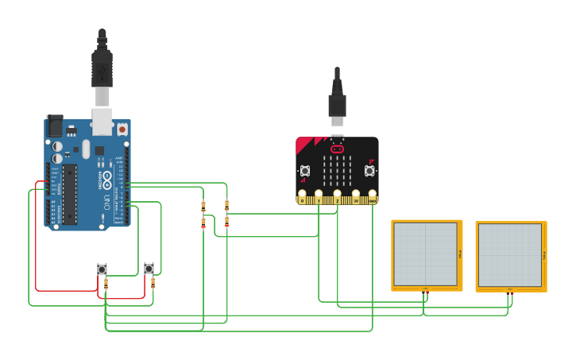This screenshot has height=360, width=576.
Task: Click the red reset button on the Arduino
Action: [122, 128]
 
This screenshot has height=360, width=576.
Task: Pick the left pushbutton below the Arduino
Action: [102, 269]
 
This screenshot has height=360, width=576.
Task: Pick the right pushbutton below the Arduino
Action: [149, 269]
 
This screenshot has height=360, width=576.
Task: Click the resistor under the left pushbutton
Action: [106, 283]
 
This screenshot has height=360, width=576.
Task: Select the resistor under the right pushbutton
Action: [153, 282]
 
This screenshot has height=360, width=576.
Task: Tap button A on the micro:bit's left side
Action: [305, 170]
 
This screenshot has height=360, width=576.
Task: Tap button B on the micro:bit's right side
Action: [369, 170]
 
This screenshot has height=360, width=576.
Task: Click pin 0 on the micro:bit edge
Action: [302, 195]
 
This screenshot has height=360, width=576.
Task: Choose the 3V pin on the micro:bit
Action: [354, 195]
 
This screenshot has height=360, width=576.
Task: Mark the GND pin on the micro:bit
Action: [372, 195]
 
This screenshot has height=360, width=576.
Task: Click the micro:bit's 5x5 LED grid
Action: [337, 168]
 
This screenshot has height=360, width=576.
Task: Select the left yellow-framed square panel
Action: [427, 254]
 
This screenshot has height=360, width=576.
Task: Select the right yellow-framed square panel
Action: [511, 256]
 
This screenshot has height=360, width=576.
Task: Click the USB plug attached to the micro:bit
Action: [337, 107]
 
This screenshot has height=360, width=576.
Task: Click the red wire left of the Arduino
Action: [36, 238]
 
